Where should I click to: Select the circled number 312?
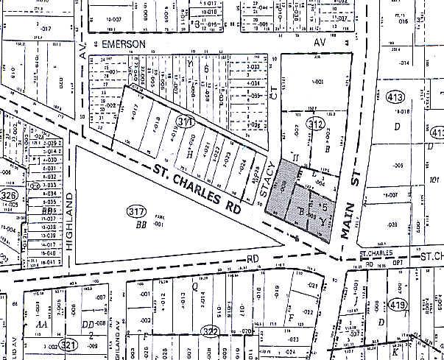[316, 124]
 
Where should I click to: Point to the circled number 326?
[8, 196]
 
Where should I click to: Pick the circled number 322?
[212, 331]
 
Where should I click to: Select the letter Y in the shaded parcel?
[321, 219]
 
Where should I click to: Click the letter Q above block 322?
[194, 286]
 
